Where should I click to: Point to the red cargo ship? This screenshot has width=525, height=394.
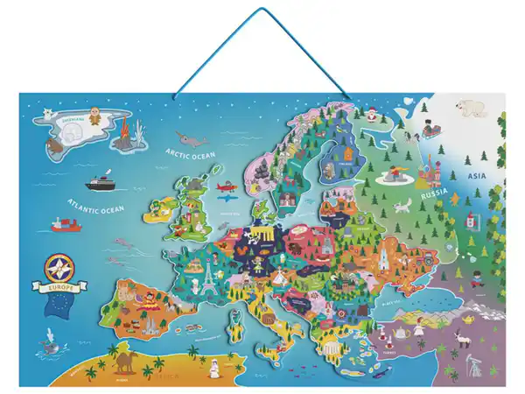tap(64, 225)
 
